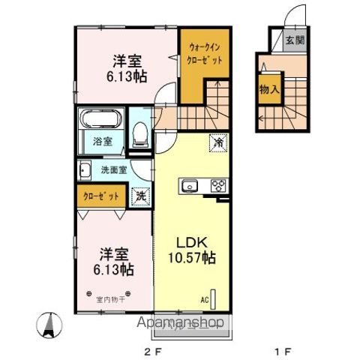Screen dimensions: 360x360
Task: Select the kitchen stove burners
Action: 218,185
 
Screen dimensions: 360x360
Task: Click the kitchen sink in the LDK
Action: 188,185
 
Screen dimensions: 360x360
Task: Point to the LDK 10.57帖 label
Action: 196,250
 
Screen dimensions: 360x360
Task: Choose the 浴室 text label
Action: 103,140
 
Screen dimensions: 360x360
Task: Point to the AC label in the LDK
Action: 203,299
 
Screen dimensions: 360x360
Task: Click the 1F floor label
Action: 281,349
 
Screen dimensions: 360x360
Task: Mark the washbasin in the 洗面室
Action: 85,169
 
